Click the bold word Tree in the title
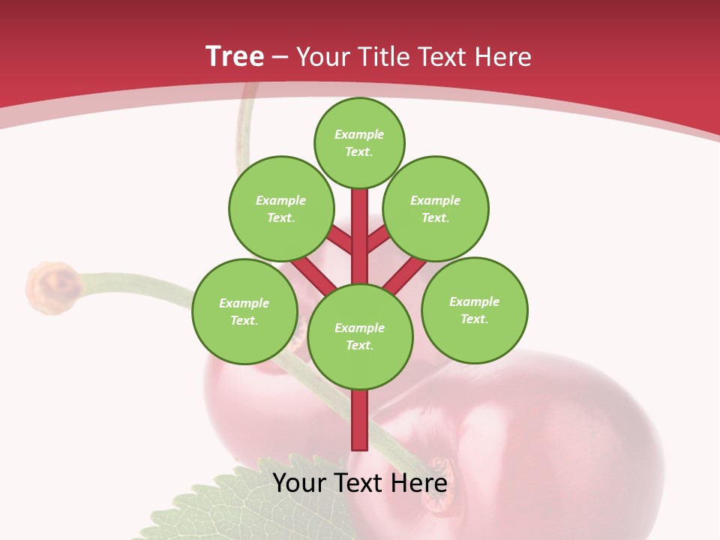coord(235,56)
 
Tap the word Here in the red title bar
coord(503,57)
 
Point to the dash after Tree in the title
coord(280,58)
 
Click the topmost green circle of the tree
coord(359,142)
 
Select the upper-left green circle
coord(280,208)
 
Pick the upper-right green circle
coord(435,208)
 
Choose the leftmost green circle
coord(244,311)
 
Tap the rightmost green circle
coord(474,310)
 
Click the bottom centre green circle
coord(360,336)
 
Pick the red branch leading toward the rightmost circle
coord(405,274)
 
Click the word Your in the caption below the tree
coord(300,483)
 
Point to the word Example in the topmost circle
coord(359,134)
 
